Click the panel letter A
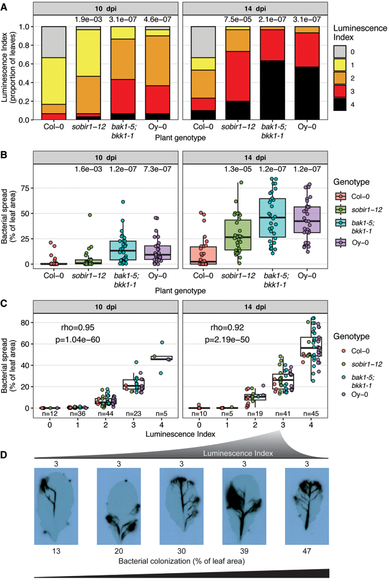point(5,5)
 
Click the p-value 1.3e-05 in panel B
point(241,169)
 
